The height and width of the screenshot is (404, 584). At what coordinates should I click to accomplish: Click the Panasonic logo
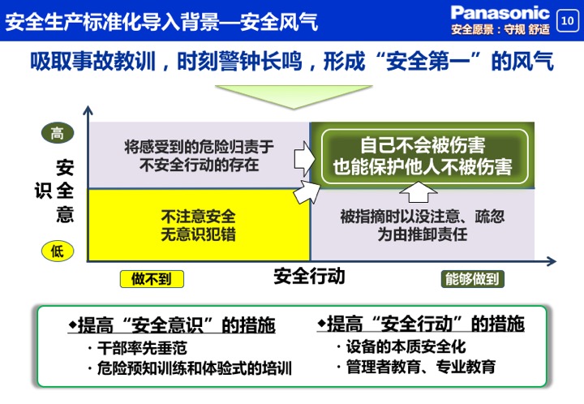[x=500, y=13]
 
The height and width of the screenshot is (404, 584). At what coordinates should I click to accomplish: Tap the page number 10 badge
[x=567, y=20]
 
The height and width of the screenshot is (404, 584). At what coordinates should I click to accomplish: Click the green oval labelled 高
[x=58, y=133]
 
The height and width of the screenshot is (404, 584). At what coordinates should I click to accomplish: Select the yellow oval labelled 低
[x=58, y=251]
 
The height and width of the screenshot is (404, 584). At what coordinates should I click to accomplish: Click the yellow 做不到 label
[x=152, y=279]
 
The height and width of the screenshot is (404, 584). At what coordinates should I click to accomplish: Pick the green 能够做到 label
[x=472, y=278]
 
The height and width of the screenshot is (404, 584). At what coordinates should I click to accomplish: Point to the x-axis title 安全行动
[x=309, y=277]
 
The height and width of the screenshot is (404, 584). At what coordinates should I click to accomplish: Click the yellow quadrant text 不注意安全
[x=198, y=217]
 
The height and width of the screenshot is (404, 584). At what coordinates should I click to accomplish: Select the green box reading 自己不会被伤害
[x=424, y=157]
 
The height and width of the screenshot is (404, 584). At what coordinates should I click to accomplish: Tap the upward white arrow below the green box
[x=419, y=192]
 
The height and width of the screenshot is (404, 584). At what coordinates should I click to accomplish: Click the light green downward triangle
[x=294, y=96]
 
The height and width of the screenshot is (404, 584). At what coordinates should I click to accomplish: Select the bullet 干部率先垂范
[x=137, y=348]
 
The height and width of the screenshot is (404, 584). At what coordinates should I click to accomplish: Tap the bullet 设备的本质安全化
[x=401, y=346]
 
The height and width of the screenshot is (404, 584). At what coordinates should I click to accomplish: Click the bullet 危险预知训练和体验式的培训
[x=190, y=368]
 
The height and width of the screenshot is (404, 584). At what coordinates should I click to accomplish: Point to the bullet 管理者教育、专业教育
[x=416, y=367]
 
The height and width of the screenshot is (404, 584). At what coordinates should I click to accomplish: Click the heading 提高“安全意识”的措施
[x=172, y=324]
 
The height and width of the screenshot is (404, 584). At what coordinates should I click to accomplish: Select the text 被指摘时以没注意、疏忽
[x=423, y=217]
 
